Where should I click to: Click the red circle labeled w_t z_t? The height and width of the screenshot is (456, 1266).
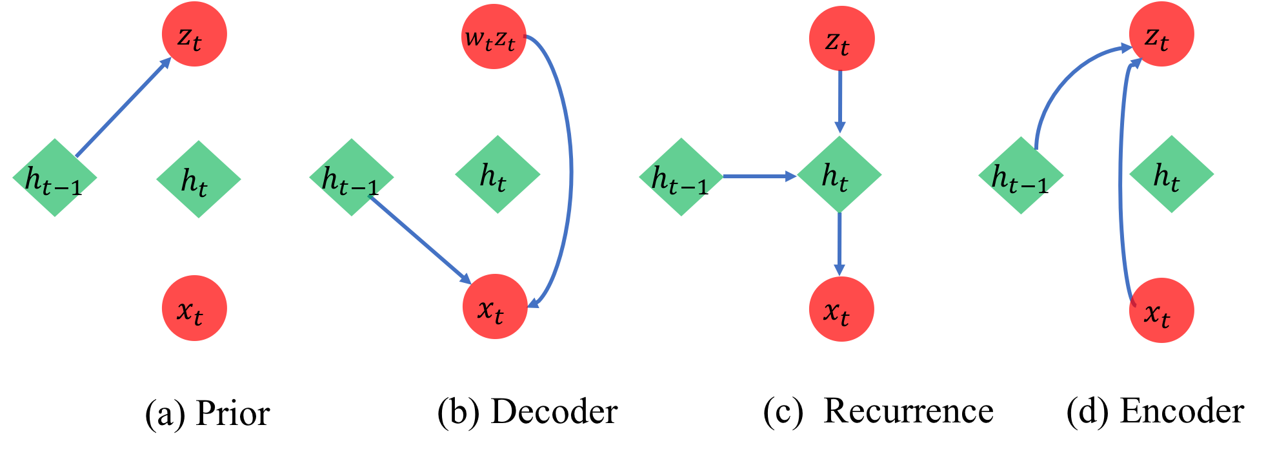(x=494, y=37)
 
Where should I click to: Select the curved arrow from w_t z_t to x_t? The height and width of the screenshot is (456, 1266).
(x=570, y=174)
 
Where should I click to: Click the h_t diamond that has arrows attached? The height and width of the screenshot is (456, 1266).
(x=839, y=174)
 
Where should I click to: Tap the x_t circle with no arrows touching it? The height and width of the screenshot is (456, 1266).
(x=194, y=308)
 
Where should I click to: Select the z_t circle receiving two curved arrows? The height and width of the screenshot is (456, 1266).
(x=1161, y=34)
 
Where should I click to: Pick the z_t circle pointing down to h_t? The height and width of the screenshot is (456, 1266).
(x=841, y=39)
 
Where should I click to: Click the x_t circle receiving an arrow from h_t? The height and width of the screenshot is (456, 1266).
(x=841, y=309)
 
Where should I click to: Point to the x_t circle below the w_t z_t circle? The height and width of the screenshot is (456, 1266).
(x=495, y=307)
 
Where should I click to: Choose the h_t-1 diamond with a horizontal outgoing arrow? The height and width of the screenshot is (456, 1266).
(x=681, y=177)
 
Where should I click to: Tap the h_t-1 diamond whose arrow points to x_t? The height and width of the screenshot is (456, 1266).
(x=352, y=177)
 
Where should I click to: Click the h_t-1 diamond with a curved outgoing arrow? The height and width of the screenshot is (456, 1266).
(x=1021, y=176)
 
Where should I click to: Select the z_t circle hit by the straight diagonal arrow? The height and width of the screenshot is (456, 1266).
(x=194, y=34)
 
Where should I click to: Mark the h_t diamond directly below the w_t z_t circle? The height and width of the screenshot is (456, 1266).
(x=497, y=174)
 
